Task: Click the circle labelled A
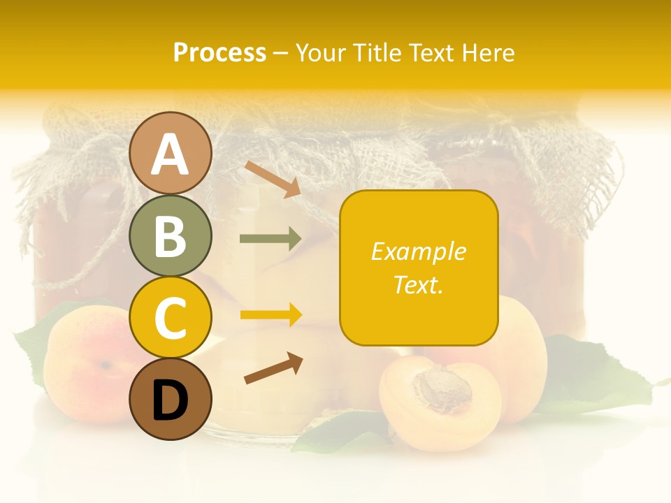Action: pos(170,153)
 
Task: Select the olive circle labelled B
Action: pos(170,235)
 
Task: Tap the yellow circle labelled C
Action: pos(170,317)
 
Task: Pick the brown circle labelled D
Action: pos(170,399)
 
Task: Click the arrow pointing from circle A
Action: pos(273,179)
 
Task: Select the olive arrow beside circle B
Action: pos(270,239)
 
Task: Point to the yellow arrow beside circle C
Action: pos(270,315)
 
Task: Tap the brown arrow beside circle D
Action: pos(273,368)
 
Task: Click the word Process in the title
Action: pos(219,53)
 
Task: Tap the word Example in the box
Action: pos(418,251)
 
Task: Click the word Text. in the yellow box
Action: pos(418,284)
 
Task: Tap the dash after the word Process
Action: pos(280,53)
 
